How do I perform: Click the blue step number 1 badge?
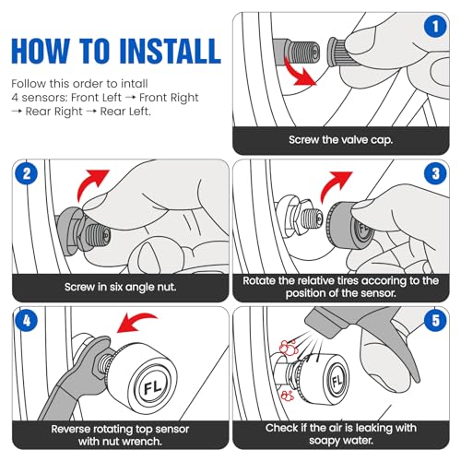pos(435,27)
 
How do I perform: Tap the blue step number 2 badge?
pos(27,173)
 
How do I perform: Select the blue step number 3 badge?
pos(435,173)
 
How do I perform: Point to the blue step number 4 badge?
pos(27,321)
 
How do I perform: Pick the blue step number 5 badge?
pos(435,321)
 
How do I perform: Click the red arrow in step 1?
pos(297,74)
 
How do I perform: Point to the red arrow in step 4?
pos(136,322)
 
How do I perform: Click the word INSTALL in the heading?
pos(170,51)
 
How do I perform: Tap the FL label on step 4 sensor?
pos(153,386)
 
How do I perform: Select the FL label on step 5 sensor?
pos(337,380)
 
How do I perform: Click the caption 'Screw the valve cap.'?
pos(341,140)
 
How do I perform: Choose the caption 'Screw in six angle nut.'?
pos(121,287)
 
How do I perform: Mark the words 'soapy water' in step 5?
pos(341,441)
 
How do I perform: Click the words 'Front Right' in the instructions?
pos(169,98)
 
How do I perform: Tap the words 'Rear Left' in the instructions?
pos(124,112)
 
